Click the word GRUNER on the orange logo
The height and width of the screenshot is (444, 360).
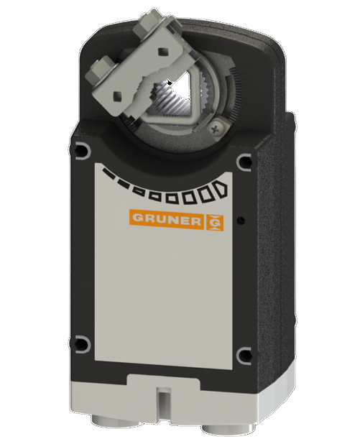pos(166,218)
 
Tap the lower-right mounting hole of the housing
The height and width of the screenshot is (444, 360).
pos(244,354)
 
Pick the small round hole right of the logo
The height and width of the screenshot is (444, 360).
pos(241,219)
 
